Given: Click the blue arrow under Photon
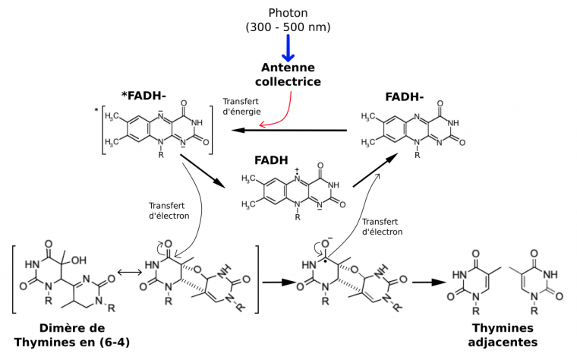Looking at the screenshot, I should coord(288,47).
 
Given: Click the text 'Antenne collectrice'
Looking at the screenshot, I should coord(288,74).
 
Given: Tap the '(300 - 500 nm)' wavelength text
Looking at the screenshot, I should coord(288,27).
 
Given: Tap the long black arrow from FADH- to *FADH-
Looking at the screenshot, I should coord(289,131).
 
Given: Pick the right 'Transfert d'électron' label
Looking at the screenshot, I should coord(383,226).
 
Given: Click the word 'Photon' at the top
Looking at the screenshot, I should coord(288,12).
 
